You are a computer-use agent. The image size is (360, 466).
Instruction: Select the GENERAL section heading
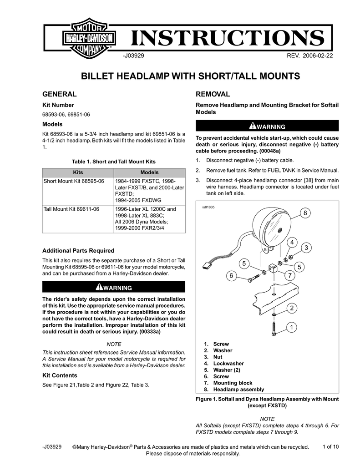click(59, 94)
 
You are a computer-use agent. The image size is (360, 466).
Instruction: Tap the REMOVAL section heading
click(213, 94)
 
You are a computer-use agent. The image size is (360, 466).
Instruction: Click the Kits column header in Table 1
click(77, 172)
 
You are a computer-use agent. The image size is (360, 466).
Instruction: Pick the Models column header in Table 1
click(149, 172)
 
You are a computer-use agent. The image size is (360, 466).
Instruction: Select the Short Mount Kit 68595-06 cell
click(74, 181)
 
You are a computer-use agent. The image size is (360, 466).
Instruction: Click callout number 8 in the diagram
click(305, 213)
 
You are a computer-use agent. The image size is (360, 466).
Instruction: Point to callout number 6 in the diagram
click(231, 276)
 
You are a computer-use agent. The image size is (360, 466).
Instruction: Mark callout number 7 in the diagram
click(289, 276)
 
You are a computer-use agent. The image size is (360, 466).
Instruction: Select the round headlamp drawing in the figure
click(266, 230)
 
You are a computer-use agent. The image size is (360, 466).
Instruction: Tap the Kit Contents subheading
click(60, 375)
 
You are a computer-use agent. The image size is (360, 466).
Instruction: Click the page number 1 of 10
click(330, 446)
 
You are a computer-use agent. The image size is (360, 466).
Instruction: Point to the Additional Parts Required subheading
click(78, 251)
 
